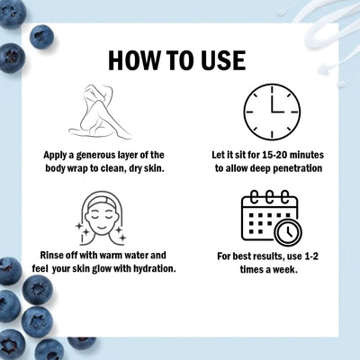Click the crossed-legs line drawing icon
(101, 112)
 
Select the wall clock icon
(272, 112)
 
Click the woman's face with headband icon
(101, 218)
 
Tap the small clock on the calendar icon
(289, 232)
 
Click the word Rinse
(52, 256)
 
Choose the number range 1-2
(311, 256)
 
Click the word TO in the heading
(177, 60)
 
